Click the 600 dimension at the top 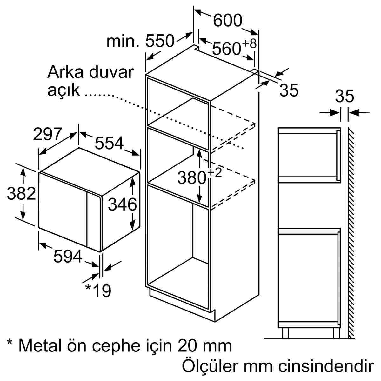coord(227,20)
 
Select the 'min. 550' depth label coord(140,41)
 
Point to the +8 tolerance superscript coord(249,43)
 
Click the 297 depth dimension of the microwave coord(47,134)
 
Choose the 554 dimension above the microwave coord(109,143)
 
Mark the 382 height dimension coord(21,193)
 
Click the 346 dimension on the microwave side coord(122,204)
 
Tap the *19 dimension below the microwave coord(98,291)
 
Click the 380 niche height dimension coord(192,177)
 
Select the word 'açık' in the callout coord(63,91)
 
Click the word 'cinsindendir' coord(326,366)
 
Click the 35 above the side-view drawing coord(344,96)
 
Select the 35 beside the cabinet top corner coord(289,90)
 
